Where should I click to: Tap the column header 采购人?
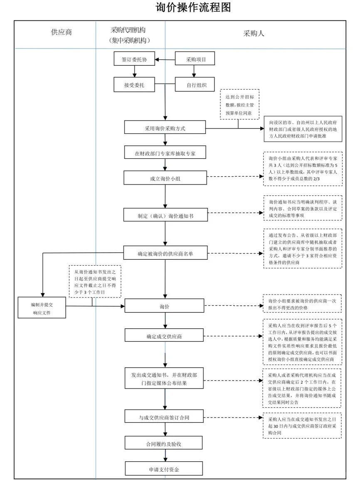coord(254,34)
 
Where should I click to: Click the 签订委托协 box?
coord(134,59)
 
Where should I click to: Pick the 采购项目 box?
coord(195,59)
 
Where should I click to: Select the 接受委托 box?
coord(134,85)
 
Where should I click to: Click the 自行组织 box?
coord(195,85)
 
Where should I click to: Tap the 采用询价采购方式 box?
coord(165,128)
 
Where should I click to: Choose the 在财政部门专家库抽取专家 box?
coord(165,153)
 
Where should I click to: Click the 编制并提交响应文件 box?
coord(42,308)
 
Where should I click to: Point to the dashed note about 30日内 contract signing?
coord(302,426)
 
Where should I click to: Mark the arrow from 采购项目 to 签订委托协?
coord(165,59)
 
